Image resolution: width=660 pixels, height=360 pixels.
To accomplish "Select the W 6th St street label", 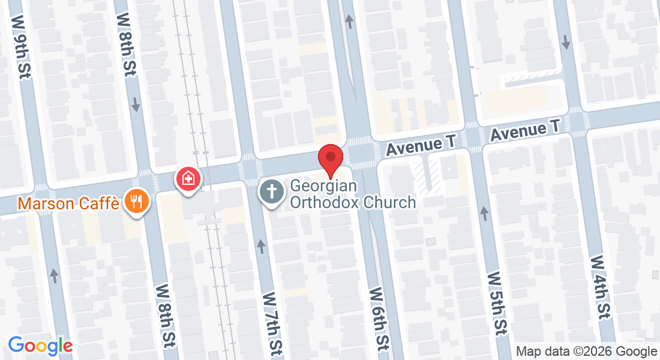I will (x=378, y=319).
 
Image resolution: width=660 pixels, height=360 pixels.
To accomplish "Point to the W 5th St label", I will (x=497, y=304).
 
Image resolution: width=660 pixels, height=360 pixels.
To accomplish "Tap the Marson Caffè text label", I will (x=69, y=203).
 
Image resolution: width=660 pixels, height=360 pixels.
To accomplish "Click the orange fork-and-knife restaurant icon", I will (x=137, y=200).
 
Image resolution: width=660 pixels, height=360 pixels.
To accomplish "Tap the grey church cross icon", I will (x=271, y=192).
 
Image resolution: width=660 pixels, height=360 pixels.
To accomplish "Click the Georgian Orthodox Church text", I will (x=353, y=194).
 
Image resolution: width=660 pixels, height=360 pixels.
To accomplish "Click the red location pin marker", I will (x=330, y=160).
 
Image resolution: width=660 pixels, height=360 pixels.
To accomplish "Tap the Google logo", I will (x=40, y=346).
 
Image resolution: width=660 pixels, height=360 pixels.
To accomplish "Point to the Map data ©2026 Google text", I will (x=587, y=352).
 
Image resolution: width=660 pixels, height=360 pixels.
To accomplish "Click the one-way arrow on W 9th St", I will (x=55, y=276).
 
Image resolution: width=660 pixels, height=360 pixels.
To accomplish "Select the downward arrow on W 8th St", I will (x=136, y=104).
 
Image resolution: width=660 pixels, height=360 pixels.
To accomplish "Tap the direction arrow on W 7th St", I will (x=261, y=246).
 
